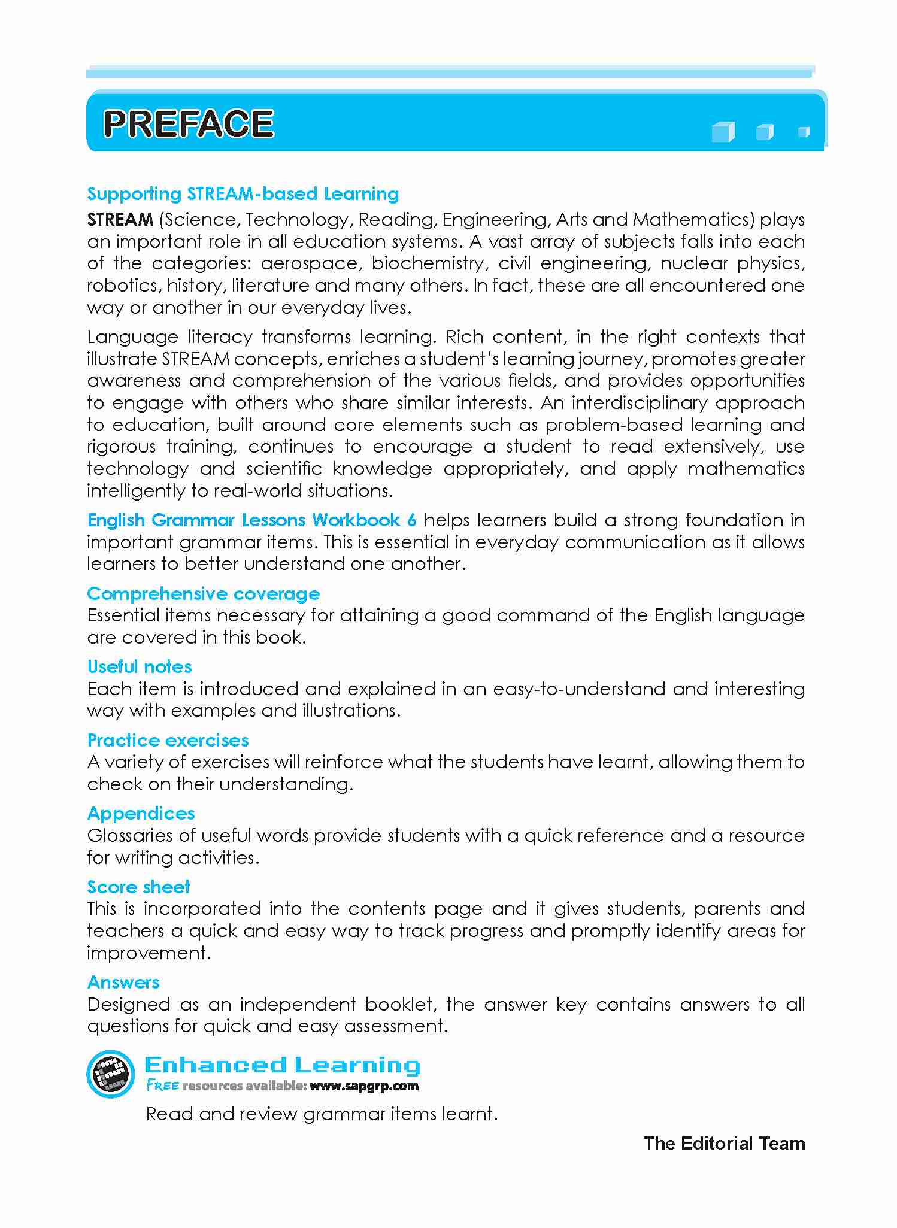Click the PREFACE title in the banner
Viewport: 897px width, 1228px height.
point(188,123)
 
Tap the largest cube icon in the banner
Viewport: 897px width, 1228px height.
point(723,132)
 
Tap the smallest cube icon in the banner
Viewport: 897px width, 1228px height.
point(804,132)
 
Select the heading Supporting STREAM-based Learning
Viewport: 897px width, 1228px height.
point(243,194)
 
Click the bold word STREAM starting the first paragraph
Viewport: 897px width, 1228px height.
point(120,220)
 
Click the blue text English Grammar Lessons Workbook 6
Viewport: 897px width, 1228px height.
point(251,520)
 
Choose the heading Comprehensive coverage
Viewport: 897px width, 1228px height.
point(203,594)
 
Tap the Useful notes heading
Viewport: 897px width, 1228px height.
point(140,667)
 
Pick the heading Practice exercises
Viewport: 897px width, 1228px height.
point(168,741)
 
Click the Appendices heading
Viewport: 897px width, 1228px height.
point(141,814)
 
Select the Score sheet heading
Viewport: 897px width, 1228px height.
point(138,887)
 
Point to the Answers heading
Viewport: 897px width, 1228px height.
point(123,982)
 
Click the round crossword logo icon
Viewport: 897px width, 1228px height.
point(110,1074)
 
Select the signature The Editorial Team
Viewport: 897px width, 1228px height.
point(724,1143)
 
